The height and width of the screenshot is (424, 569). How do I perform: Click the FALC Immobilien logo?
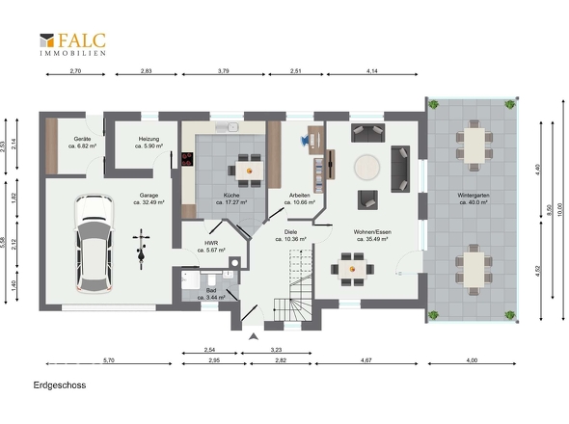(72, 44)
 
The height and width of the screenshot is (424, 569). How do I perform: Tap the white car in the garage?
(94, 244)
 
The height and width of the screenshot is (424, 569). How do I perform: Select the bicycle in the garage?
(141, 249)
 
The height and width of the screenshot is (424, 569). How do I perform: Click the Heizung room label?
(149, 143)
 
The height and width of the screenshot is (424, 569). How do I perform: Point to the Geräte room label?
(82, 143)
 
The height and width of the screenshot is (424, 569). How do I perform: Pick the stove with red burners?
(187, 159)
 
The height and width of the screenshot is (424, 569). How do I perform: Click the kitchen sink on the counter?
(228, 127)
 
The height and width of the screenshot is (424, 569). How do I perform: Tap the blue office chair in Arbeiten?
(305, 140)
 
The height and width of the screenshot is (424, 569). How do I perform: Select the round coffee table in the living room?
(366, 168)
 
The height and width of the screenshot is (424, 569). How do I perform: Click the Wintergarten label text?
(474, 195)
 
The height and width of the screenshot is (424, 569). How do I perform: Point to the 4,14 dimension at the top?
(372, 71)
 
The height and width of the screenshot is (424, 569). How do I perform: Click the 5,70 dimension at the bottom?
(109, 360)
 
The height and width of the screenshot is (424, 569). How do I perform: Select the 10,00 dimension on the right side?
(560, 210)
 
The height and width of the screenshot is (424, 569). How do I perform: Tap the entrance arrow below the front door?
(254, 336)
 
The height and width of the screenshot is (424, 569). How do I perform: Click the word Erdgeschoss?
(60, 385)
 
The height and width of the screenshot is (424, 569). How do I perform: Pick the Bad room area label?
(211, 294)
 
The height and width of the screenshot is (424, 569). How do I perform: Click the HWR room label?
(211, 247)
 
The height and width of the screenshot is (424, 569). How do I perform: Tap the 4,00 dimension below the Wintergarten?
(472, 360)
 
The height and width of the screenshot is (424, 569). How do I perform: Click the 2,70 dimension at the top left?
(75, 71)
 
